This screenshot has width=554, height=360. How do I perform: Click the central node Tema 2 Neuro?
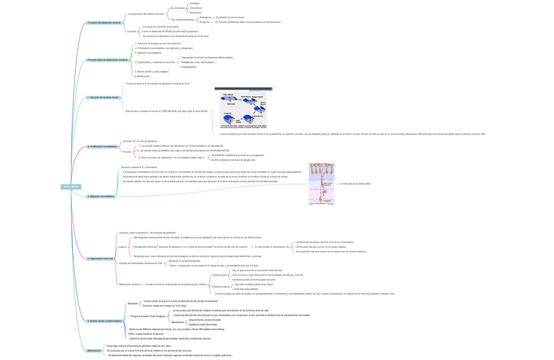click(71, 187)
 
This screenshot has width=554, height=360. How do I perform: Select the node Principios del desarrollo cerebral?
click(104, 23)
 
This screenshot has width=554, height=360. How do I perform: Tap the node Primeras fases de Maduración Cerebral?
click(108, 60)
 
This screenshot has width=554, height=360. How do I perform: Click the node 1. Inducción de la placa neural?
click(103, 97)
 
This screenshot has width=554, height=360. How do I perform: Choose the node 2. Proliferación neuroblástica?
click(103, 146)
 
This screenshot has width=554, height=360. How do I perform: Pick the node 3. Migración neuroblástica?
click(101, 196)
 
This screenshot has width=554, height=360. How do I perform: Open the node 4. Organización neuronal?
click(100, 259)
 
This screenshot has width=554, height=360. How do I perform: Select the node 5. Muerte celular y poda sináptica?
click(105, 321)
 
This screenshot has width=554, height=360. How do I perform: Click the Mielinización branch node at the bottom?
click(94, 350)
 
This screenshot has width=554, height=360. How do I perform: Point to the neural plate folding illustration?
click(243, 109)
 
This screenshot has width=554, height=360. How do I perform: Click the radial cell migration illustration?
click(321, 184)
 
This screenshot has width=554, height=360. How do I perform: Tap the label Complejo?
click(195, 3)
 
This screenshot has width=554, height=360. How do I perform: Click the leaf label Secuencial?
click(195, 12)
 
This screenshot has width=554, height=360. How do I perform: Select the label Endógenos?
click(205, 17)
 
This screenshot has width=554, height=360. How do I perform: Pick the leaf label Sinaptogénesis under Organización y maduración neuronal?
click(189, 67)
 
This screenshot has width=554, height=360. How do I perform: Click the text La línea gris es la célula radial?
click(355, 184)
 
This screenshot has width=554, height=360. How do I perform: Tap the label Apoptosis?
click(133, 303)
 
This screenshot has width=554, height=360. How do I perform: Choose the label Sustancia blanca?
click(221, 286)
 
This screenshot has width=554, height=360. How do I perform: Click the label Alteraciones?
click(177, 322)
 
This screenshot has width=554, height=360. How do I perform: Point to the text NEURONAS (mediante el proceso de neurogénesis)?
click(237, 155)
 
